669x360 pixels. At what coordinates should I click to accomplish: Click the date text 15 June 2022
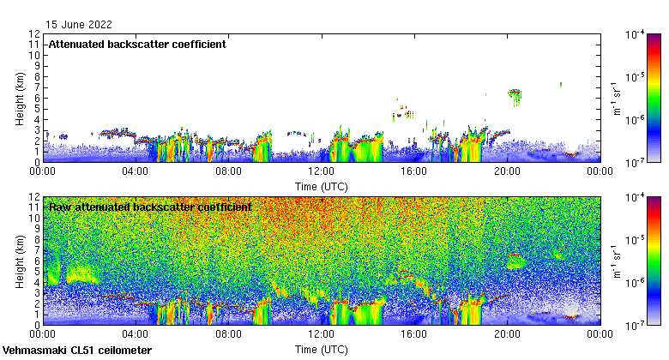[79, 25]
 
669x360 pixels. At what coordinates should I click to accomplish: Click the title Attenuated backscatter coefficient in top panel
[137, 44]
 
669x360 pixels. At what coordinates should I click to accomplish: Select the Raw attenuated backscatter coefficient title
[150, 207]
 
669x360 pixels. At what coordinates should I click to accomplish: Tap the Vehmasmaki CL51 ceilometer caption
[77, 351]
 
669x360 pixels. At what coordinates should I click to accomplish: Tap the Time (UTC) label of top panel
[322, 185]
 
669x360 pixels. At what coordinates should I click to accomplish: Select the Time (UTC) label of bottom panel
[322, 349]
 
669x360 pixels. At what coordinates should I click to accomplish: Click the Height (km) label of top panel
[20, 98]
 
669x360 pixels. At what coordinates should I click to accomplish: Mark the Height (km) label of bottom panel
[20, 261]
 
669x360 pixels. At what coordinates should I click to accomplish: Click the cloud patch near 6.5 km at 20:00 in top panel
[515, 93]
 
